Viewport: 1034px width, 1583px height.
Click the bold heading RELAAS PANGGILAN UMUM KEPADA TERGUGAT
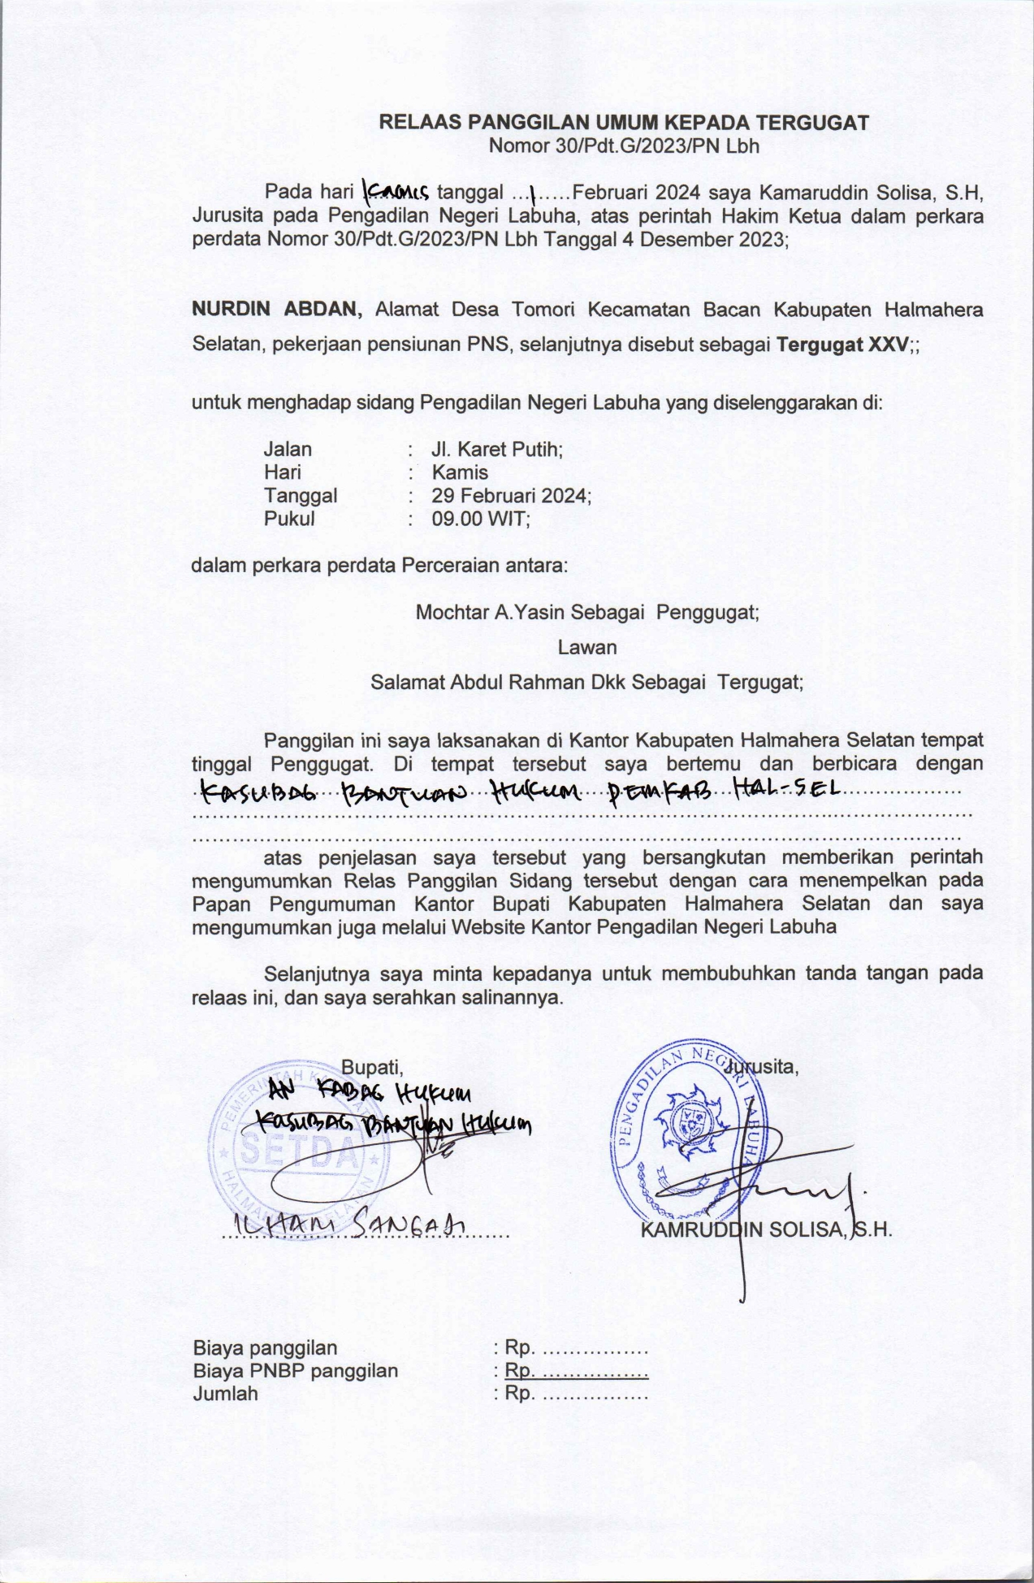click(624, 124)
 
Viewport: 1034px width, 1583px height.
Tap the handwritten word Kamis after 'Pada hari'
click(396, 193)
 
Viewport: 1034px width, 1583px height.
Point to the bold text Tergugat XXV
click(841, 344)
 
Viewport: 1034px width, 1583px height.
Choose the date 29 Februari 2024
click(511, 495)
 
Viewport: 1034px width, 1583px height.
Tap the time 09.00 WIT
click(481, 518)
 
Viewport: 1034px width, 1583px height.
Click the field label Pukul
click(289, 518)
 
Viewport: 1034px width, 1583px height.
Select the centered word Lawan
click(586, 648)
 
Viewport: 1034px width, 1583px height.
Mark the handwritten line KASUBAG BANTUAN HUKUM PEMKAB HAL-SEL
click(520, 790)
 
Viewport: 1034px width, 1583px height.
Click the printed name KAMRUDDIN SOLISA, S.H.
click(766, 1230)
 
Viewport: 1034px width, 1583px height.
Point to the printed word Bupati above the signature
click(372, 1066)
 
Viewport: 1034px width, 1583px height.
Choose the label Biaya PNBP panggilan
click(296, 1371)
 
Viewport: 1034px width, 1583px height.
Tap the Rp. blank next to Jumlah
click(570, 1394)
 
